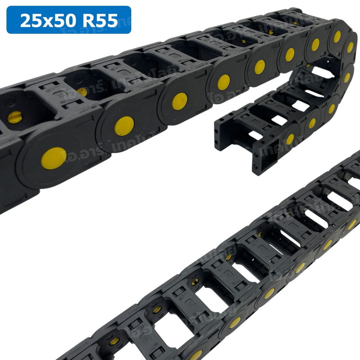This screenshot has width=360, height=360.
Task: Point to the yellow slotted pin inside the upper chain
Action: point(15,117)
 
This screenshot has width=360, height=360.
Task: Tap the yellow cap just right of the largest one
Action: point(124,125)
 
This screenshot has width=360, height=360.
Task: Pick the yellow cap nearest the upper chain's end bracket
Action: point(290,139)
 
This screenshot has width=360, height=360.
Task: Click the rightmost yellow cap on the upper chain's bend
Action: point(350,47)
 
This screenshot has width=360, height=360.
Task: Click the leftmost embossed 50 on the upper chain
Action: point(61,94)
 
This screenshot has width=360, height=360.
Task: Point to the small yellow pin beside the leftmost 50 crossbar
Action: point(82,92)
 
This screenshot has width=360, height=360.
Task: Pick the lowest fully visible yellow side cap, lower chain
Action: point(235,322)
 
